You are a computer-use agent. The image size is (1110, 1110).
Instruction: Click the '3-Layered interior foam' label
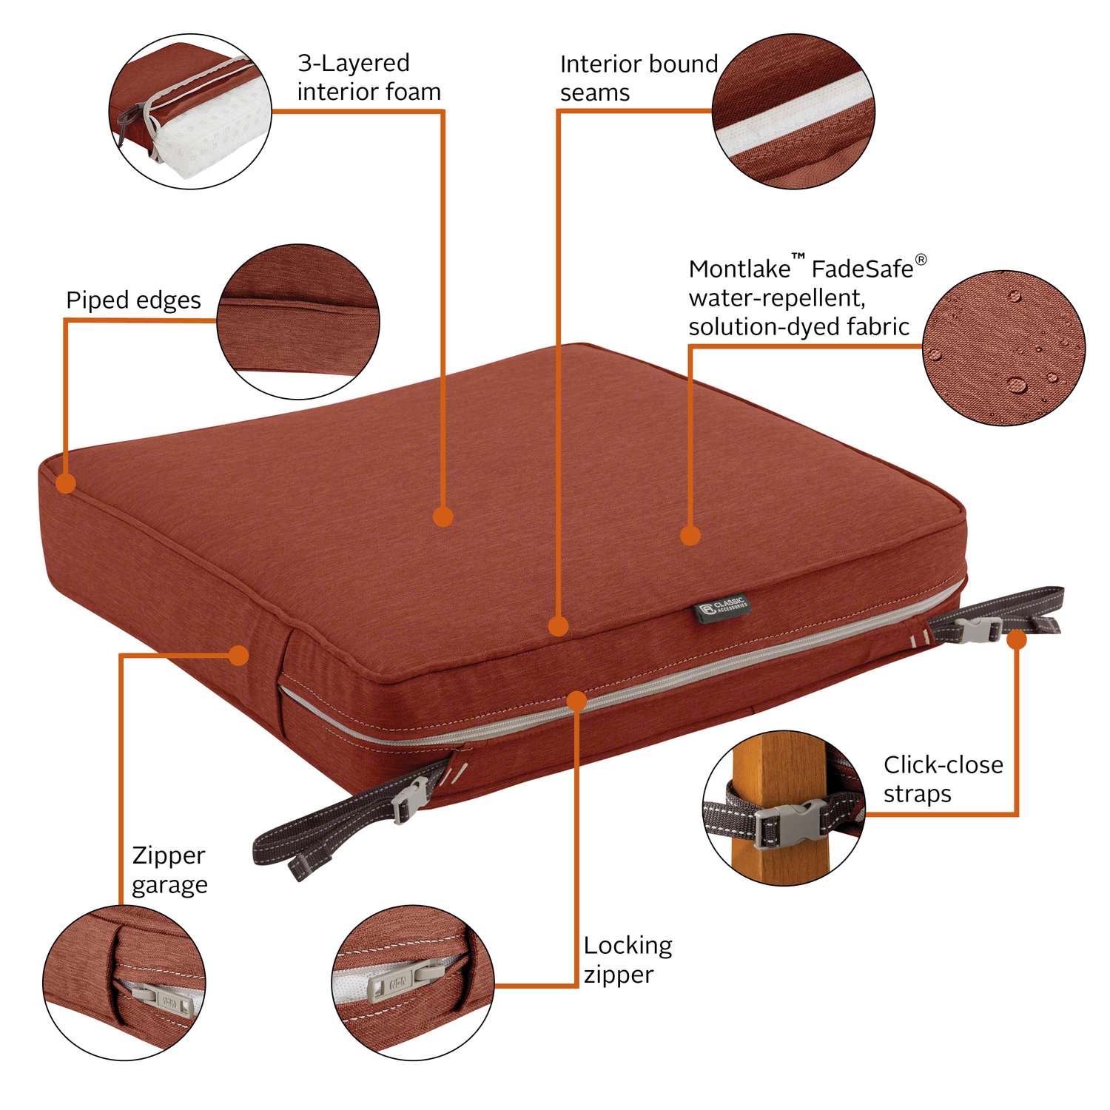(369, 77)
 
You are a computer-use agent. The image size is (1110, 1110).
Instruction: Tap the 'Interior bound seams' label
(638, 78)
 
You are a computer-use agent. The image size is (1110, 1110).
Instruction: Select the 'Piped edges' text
(133, 300)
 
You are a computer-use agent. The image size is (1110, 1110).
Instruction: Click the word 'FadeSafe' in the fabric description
(862, 269)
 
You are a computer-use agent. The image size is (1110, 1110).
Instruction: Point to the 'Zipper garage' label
(169, 869)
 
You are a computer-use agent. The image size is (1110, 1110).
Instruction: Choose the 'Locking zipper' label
(628, 960)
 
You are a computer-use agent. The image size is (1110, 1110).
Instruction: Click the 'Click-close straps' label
(943, 778)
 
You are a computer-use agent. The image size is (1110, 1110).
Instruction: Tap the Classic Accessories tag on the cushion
(721, 608)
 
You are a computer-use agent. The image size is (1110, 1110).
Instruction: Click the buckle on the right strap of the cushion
(978, 630)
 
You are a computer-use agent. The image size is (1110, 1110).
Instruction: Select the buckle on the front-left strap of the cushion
(409, 799)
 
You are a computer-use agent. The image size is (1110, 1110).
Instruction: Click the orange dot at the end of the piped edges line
(66, 484)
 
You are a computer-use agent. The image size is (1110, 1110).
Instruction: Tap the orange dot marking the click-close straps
(1017, 639)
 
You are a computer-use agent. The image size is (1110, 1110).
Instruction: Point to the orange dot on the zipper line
(576, 701)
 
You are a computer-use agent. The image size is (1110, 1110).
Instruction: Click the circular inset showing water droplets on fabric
(1003, 348)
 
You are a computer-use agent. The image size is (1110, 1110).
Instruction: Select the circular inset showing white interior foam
(190, 111)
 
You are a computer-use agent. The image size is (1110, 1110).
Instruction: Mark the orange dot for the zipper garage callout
(238, 655)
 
